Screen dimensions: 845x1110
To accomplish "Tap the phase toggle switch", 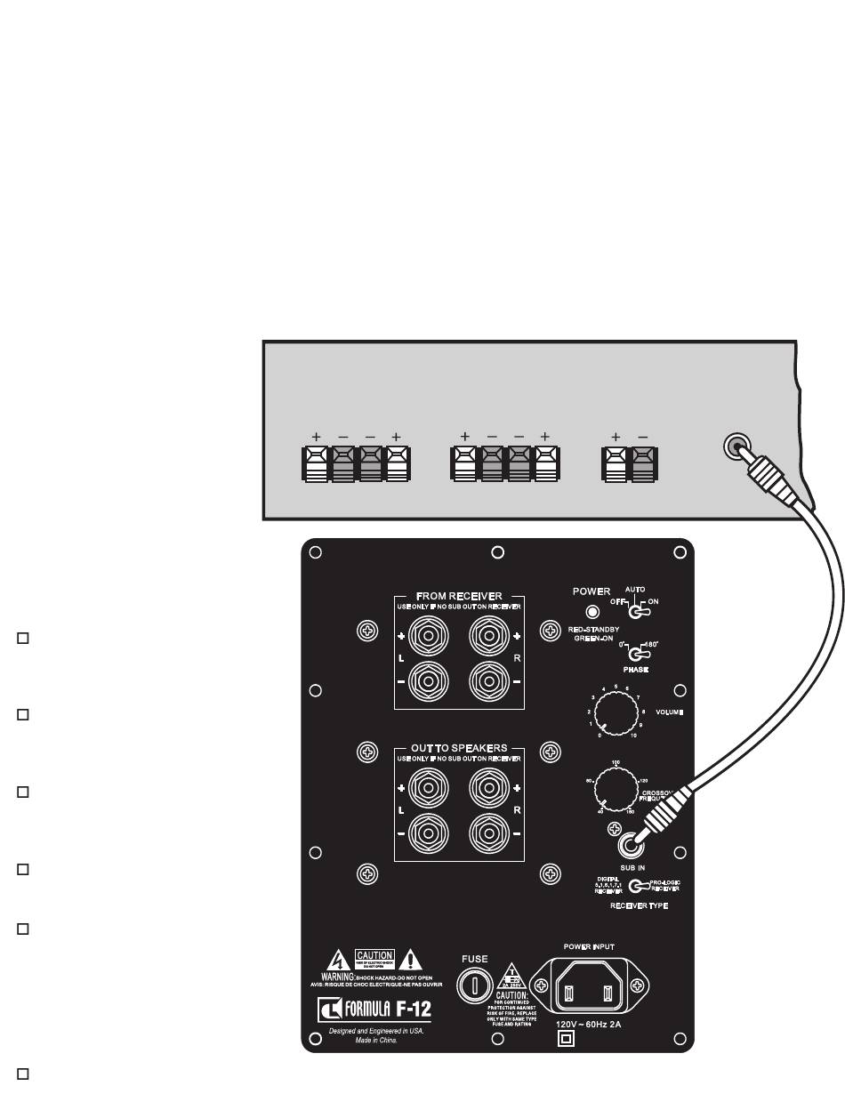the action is coord(634,655).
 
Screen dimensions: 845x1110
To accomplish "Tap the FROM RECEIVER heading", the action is coord(459,596).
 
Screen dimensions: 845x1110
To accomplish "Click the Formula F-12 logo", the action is coord(374,1010).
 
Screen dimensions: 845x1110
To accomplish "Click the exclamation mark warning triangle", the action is coord(409,960).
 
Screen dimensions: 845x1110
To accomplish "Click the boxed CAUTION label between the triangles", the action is coord(374,956).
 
